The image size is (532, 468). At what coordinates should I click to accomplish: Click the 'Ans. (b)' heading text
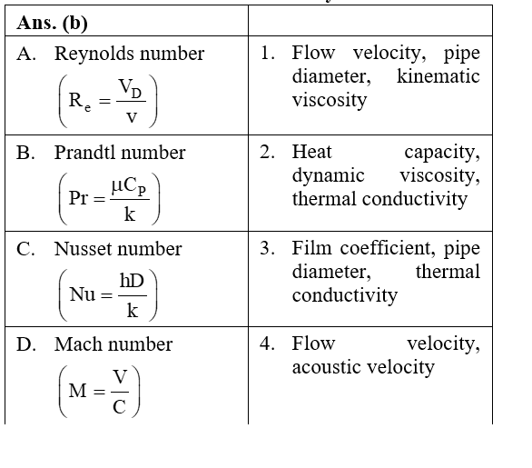[x=53, y=24]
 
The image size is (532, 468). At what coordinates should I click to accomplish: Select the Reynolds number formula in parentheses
[x=108, y=101]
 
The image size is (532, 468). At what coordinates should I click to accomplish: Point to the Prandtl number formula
[x=109, y=199]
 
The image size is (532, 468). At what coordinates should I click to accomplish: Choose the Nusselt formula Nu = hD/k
[x=108, y=294]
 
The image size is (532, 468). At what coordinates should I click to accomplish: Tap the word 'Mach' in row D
[x=79, y=344]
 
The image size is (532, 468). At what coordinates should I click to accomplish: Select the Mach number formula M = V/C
[x=100, y=391]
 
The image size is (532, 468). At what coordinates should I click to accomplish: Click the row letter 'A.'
[x=26, y=54]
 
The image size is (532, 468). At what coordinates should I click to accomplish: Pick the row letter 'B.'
[x=25, y=153]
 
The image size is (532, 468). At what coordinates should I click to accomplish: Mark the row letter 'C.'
[x=25, y=249]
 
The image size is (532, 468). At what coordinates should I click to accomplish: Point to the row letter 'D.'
[x=26, y=344]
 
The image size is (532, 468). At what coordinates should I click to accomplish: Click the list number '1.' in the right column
[x=267, y=54]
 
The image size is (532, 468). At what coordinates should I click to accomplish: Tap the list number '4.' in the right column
[x=267, y=344]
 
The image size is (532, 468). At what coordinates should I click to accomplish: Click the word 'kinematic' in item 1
[x=438, y=76]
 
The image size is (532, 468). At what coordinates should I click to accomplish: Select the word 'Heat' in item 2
[x=311, y=152]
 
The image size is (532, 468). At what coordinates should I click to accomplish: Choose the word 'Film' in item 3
[x=311, y=248]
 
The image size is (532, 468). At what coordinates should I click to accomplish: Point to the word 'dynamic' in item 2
[x=329, y=176]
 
